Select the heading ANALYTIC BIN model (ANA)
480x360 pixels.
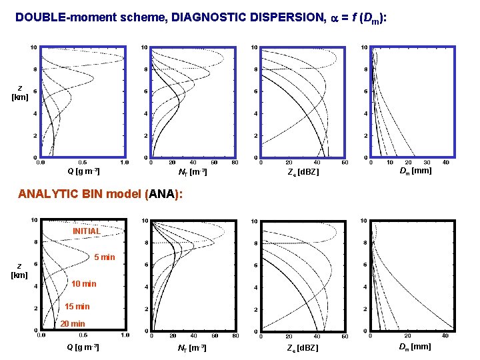click(x=99, y=195)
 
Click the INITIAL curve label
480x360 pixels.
click(x=87, y=231)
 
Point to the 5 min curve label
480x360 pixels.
click(x=105, y=257)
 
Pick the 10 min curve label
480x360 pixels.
click(x=83, y=284)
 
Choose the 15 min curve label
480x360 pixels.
click(x=77, y=307)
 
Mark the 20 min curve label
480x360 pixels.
click(x=73, y=324)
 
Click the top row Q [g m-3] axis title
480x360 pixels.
click(x=83, y=172)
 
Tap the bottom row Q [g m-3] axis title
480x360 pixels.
click(x=83, y=347)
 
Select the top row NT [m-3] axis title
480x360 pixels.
click(x=193, y=173)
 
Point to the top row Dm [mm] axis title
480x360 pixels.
click(x=415, y=171)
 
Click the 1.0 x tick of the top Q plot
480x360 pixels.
click(x=124, y=162)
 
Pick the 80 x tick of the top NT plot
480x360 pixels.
click(x=234, y=162)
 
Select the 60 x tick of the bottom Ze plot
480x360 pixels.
click(x=344, y=336)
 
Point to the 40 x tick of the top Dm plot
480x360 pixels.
click(x=446, y=162)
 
